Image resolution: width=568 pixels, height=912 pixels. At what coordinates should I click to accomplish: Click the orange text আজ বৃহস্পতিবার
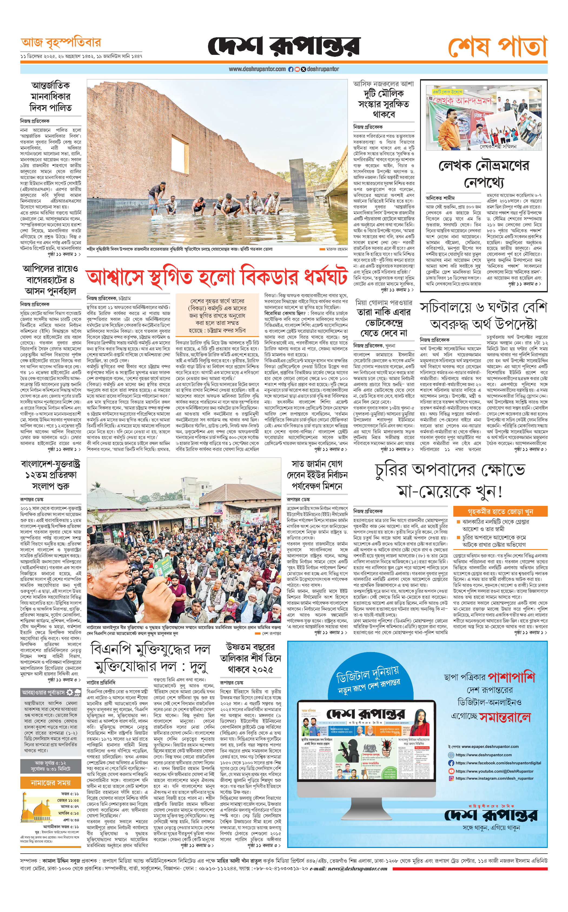[x=61, y=43]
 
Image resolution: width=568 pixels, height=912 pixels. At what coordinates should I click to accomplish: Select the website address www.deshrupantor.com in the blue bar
[x=257, y=69]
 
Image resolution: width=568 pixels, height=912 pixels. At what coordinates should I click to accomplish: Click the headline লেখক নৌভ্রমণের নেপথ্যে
[x=484, y=174]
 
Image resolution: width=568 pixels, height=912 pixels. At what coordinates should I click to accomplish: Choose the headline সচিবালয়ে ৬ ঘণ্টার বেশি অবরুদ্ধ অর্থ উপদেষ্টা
[x=484, y=316]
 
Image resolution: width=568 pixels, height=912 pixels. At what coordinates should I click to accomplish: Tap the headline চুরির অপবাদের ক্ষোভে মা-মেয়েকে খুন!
[x=450, y=480]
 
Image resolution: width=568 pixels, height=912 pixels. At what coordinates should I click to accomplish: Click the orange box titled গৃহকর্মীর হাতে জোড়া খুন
[x=500, y=512]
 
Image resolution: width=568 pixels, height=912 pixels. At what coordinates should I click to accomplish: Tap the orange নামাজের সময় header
[x=51, y=783]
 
